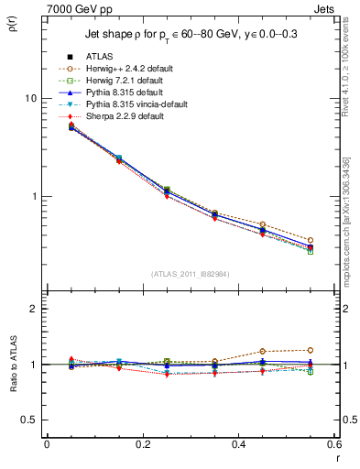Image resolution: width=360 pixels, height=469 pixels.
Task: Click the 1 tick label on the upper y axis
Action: [x=34, y=197]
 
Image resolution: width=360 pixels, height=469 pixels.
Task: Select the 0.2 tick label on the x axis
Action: [x=142, y=444]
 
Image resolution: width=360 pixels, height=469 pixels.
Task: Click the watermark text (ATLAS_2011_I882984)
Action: [x=191, y=274]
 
